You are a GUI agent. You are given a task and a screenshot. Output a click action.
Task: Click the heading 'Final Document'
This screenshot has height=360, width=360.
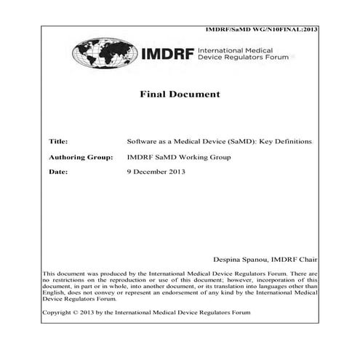(180, 95)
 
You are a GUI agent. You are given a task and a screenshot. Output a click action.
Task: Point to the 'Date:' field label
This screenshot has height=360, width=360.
(57, 172)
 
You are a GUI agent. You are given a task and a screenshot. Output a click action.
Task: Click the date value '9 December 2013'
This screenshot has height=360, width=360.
(156, 172)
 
